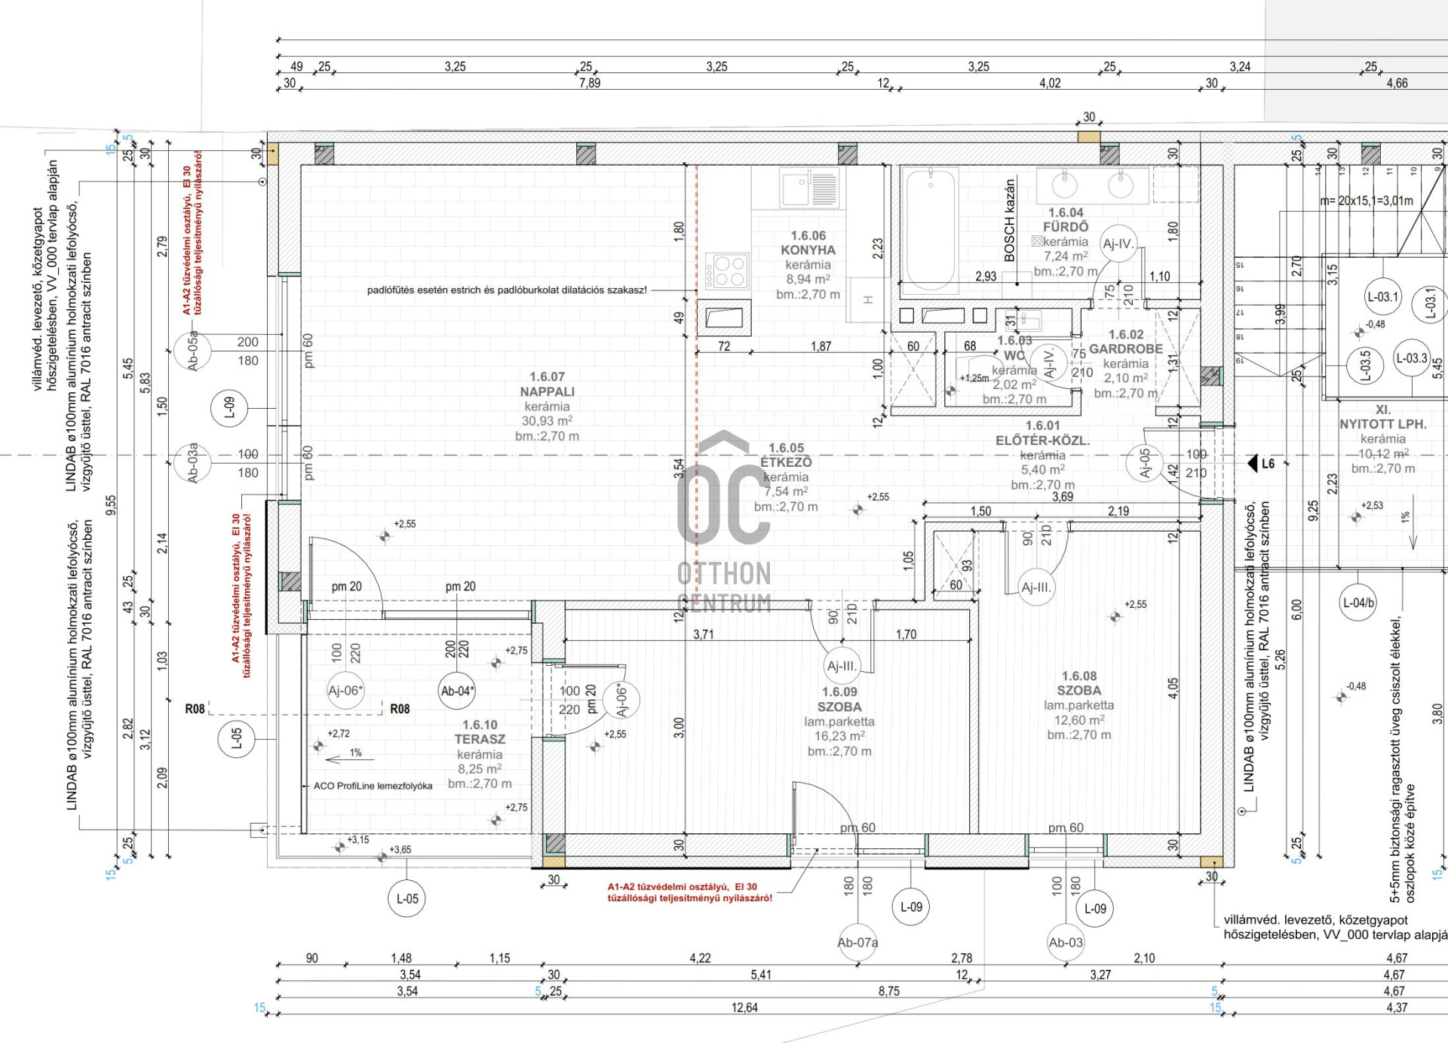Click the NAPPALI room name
point(547,391)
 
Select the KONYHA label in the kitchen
point(808,250)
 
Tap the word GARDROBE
point(1125,348)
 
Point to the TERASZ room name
point(480,739)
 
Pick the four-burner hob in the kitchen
point(727,271)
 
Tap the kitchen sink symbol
point(808,187)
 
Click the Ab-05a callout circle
point(192,351)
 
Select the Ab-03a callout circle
point(192,462)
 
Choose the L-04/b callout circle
point(1358,603)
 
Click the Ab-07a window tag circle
point(857,943)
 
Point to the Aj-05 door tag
point(1145,462)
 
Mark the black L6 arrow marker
point(1253,463)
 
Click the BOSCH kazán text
point(1009,220)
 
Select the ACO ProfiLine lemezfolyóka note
point(373,786)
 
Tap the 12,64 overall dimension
point(744,1008)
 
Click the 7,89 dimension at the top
point(590,83)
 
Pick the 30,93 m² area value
point(547,421)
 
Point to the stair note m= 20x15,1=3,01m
point(1367,201)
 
